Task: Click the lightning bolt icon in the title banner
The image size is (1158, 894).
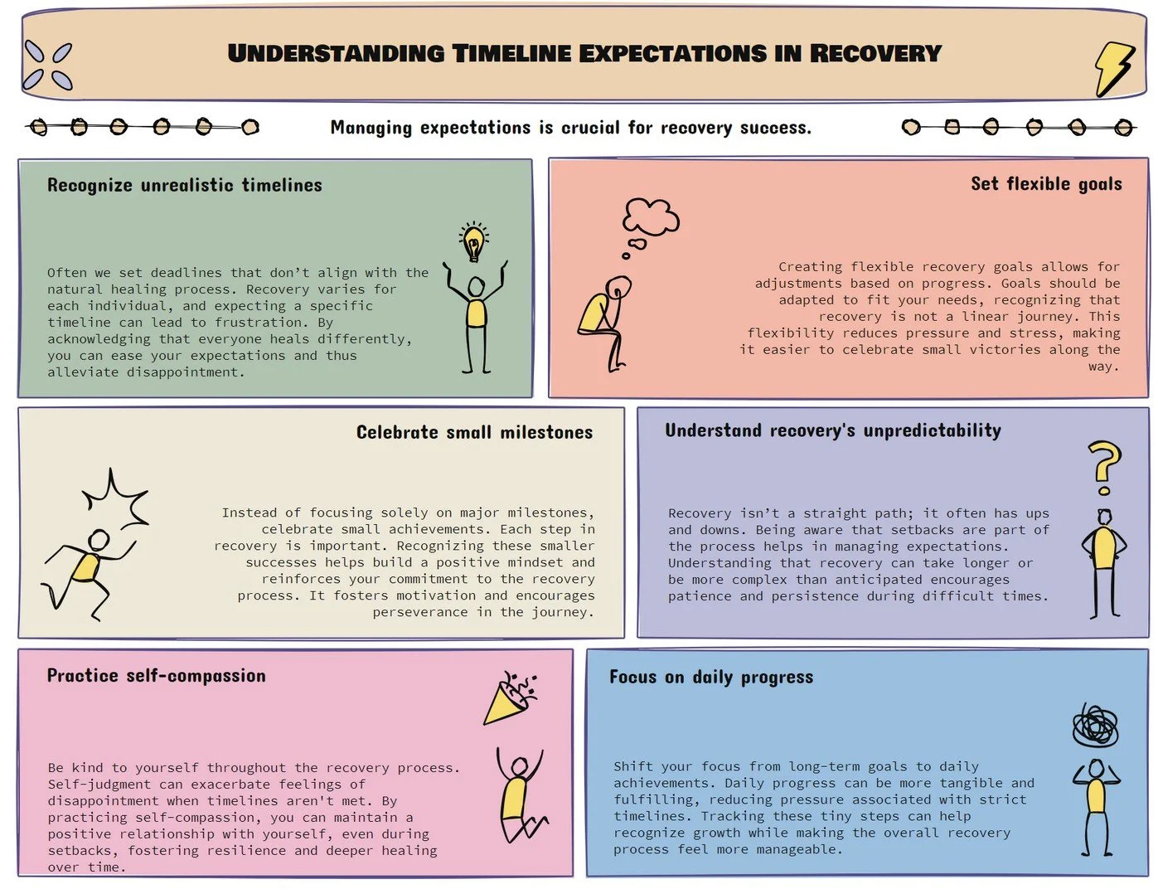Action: pos(1113,68)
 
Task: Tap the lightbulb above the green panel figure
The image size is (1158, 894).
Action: pos(473,242)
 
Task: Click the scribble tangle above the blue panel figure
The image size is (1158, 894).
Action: pos(1095,727)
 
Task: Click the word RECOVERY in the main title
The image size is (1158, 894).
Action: pos(875,54)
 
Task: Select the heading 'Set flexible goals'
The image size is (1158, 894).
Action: pos(1046,184)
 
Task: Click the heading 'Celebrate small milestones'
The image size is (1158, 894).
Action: pos(474,432)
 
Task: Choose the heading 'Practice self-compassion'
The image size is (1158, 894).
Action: pos(157,676)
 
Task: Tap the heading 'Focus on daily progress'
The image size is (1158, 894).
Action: pos(711,678)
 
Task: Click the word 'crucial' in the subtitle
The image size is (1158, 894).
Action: pos(590,128)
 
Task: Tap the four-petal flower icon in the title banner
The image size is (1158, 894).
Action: pos(48,66)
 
